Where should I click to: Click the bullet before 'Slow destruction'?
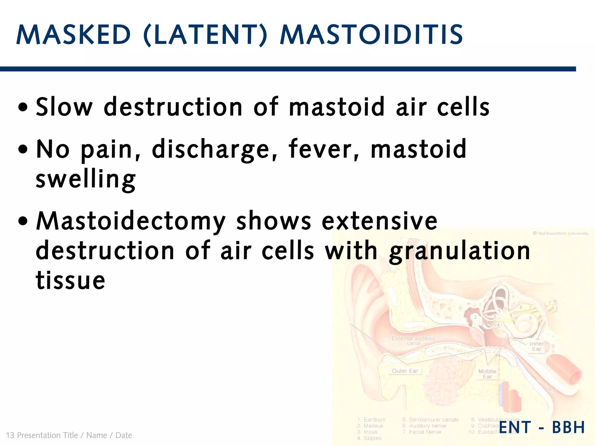(x=23, y=107)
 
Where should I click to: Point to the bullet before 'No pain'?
(x=23, y=150)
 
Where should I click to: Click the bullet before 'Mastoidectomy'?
(x=23, y=221)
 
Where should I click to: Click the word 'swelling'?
(x=86, y=179)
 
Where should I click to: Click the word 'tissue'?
(x=70, y=280)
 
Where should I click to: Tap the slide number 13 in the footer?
(x=10, y=435)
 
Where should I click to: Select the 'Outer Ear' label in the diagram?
(x=405, y=371)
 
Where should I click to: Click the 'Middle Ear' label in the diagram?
(x=487, y=374)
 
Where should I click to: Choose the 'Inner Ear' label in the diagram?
(x=537, y=346)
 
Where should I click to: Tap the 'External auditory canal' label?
(x=413, y=341)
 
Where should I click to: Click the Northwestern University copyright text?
(x=560, y=233)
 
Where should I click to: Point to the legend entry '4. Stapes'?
(x=369, y=438)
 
